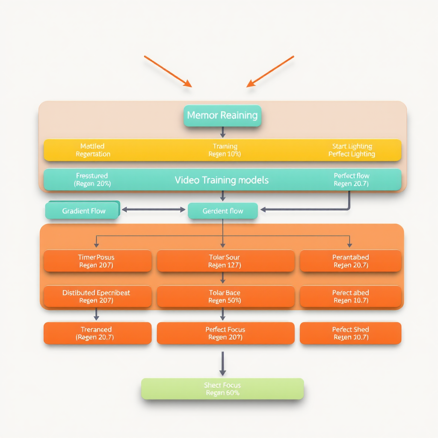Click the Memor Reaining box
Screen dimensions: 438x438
(x=222, y=115)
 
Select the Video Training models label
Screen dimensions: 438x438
(x=222, y=180)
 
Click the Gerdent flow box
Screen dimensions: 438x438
(x=222, y=211)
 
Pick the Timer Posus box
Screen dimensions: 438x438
(x=97, y=261)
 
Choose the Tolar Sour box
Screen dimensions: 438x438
(x=225, y=261)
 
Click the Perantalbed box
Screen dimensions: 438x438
(x=350, y=261)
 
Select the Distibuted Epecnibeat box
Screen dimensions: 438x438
(x=97, y=296)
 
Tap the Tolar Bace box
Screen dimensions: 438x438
(x=225, y=296)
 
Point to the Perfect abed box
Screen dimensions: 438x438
(x=350, y=296)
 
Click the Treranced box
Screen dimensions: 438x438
(x=97, y=333)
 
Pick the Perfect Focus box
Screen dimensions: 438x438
(x=225, y=333)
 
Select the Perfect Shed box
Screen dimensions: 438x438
(x=350, y=333)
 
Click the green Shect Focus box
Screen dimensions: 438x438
(x=222, y=389)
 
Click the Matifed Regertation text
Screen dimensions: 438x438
(x=93, y=150)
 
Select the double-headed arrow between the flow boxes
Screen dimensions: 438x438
(x=153, y=210)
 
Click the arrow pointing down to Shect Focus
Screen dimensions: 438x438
(x=222, y=364)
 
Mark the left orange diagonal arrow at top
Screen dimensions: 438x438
(x=168, y=71)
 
